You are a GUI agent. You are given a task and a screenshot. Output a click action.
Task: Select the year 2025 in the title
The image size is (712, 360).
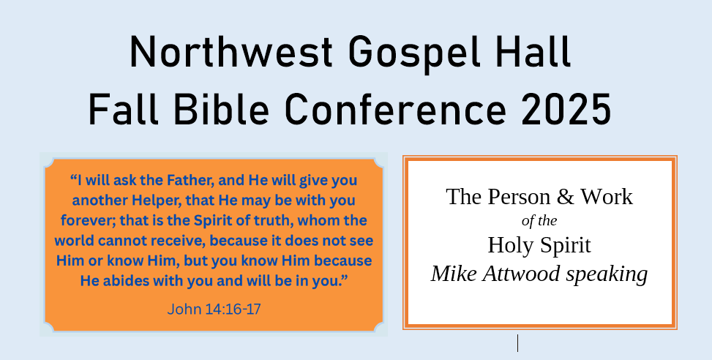point(566,109)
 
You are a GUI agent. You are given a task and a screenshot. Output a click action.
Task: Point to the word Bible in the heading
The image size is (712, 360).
point(221,108)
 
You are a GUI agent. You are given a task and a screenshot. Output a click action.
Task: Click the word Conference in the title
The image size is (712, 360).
point(395,109)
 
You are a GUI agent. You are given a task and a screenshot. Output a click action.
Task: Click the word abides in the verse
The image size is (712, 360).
point(127,280)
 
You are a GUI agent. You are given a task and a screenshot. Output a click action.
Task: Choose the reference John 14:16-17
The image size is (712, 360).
point(214,310)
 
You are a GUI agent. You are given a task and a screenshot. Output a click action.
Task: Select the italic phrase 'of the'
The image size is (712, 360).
point(539,221)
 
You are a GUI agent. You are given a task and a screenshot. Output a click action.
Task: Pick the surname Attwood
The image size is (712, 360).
point(521,274)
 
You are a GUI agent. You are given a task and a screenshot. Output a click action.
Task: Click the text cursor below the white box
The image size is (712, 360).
point(517,342)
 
